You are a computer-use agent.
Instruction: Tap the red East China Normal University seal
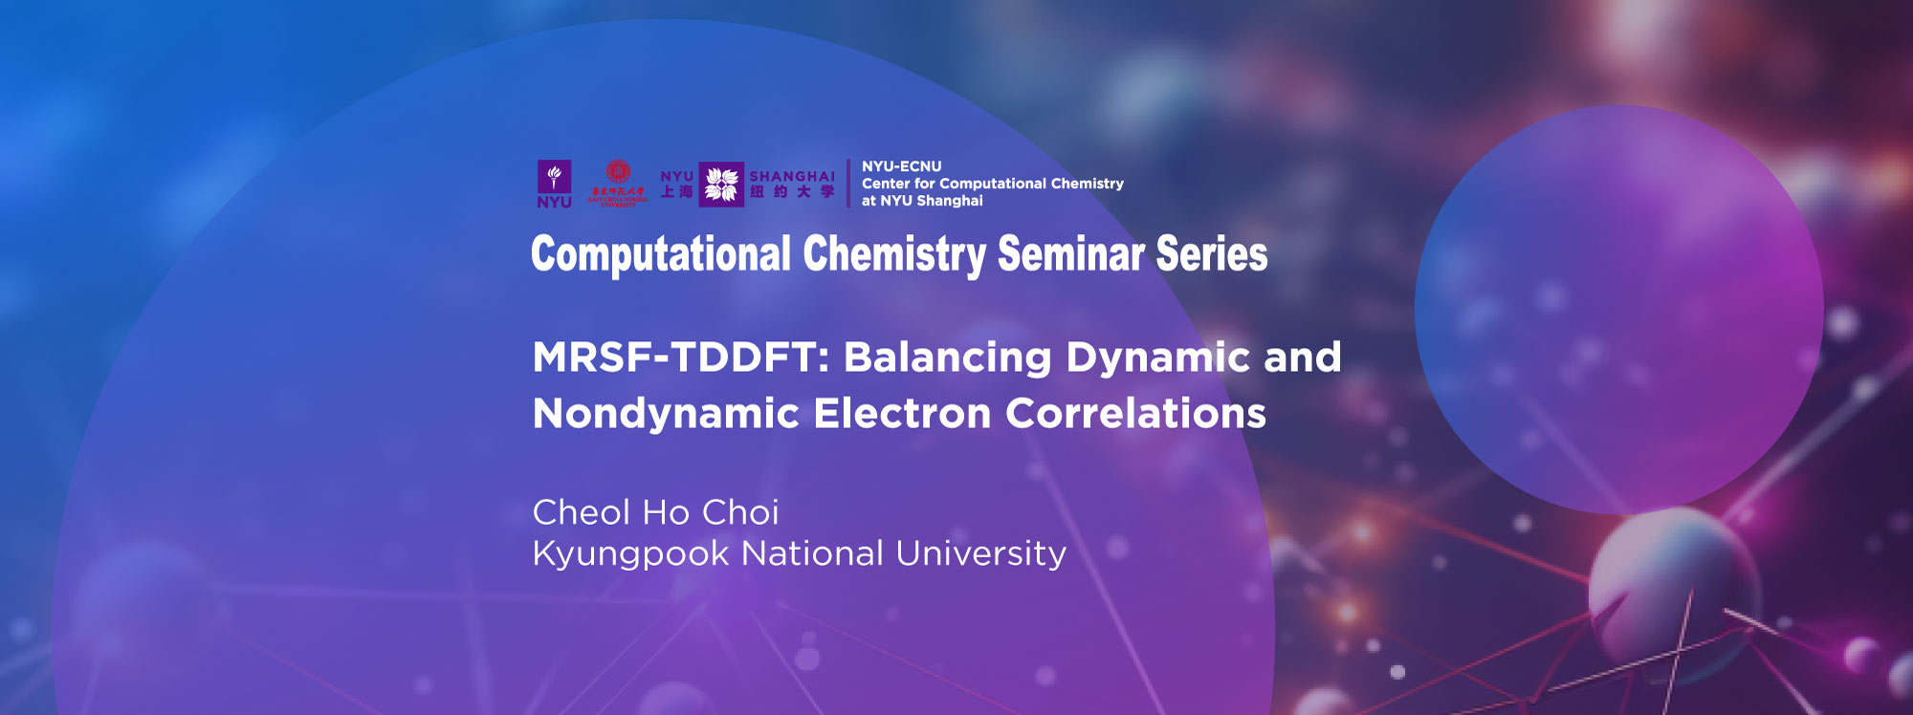618,173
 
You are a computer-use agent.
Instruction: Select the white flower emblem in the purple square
721,184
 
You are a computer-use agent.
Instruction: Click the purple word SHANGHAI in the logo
792,176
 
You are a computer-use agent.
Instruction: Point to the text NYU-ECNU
901,166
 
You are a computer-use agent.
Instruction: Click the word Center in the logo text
886,184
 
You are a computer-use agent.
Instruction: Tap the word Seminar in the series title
1071,254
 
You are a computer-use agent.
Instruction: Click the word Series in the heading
1212,254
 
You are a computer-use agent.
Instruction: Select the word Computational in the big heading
661,254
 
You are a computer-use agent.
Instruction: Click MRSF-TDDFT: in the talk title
680,357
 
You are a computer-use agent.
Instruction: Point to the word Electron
902,414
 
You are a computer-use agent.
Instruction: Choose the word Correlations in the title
1135,414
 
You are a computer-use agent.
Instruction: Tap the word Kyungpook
630,554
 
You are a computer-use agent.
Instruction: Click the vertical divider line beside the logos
848,184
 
